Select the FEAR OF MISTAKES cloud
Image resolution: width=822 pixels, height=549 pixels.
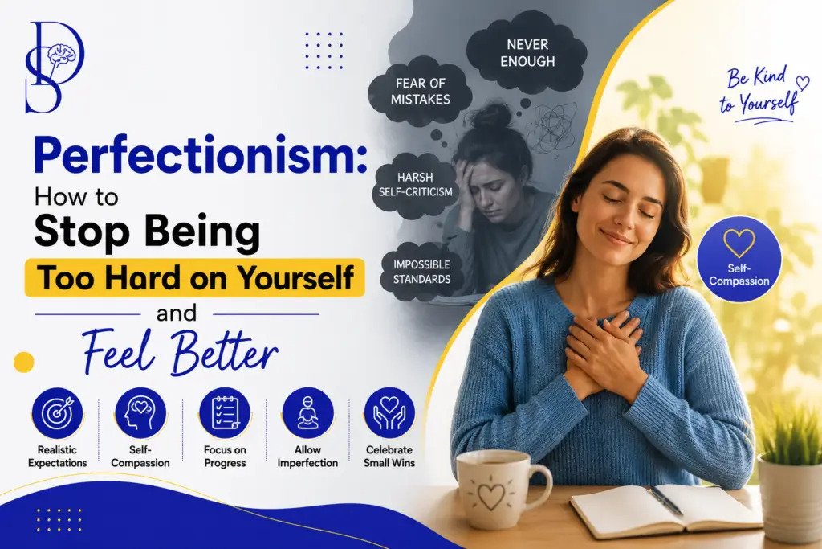pos(420,92)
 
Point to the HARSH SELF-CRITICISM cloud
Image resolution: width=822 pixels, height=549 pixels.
pos(415,185)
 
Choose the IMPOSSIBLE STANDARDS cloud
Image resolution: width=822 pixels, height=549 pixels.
pos(421,272)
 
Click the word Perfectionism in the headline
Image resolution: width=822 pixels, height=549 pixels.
pos(200,156)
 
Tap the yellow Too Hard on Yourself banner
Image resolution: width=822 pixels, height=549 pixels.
pos(195,277)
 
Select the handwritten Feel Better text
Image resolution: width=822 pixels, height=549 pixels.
pos(180,350)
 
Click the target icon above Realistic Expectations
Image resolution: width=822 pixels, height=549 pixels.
pos(57,414)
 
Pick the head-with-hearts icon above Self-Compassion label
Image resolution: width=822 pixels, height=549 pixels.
pos(140,414)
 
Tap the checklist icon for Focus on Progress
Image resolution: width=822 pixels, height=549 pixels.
pos(225,414)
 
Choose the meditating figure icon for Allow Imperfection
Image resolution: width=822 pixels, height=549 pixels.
pos(307,414)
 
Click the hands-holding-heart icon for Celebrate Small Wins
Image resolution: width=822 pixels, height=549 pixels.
pos(389,414)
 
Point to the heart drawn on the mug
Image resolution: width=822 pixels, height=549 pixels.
pos(491,494)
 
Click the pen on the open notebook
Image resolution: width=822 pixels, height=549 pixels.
pos(665,500)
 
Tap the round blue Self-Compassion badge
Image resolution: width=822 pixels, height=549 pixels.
pos(739,260)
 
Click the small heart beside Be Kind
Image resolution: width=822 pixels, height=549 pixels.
pos(803,83)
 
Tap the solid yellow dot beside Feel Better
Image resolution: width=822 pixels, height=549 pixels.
pos(23,363)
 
